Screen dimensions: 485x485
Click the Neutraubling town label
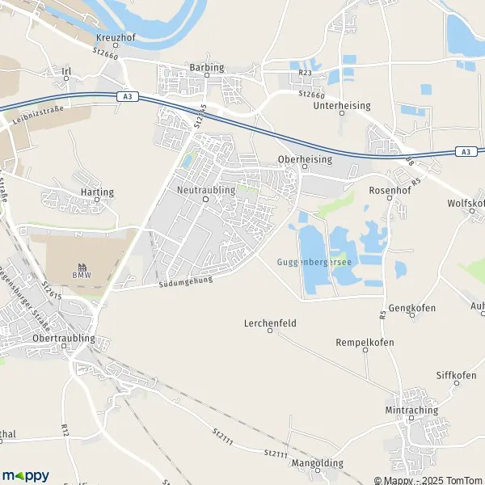[205, 189]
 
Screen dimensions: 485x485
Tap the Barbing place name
[205, 69]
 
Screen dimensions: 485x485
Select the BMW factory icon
[82, 268]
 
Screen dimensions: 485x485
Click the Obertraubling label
[64, 338]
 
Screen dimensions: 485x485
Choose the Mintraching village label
[411, 410]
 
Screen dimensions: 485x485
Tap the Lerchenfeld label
[270, 323]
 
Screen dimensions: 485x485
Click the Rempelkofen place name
[365, 343]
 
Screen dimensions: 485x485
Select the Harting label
[97, 192]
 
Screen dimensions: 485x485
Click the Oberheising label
[304, 159]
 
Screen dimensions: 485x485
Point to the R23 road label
[304, 73]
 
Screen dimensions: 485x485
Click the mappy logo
[26, 475]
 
